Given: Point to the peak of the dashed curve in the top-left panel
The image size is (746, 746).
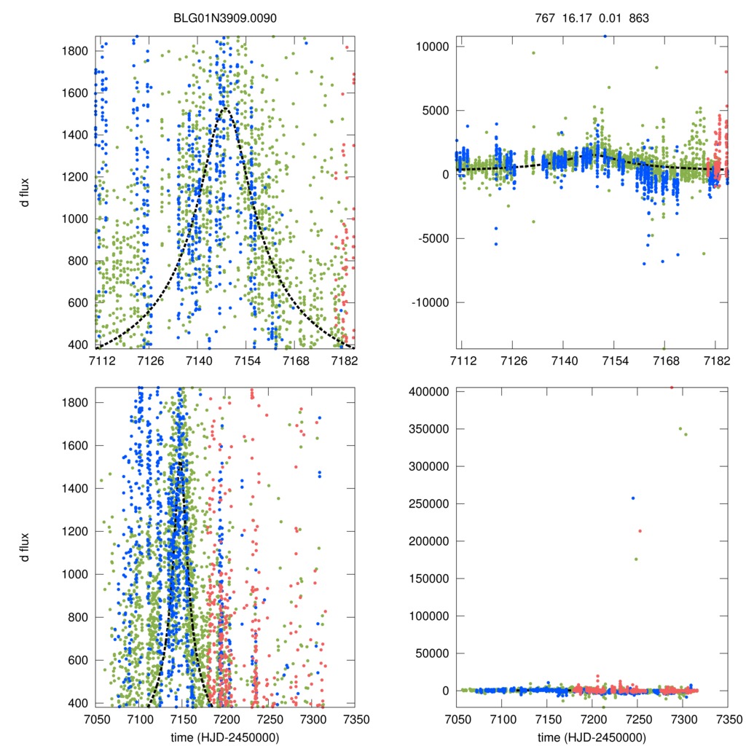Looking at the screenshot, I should click(225, 108).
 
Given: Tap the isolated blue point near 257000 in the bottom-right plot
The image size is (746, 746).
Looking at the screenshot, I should click(633, 498).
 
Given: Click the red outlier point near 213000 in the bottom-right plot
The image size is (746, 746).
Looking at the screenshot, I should click(640, 531).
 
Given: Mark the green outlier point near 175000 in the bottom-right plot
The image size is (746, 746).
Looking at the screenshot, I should click(636, 559).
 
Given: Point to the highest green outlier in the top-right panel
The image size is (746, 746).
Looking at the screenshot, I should click(533, 52).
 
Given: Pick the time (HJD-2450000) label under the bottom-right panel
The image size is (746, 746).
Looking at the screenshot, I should click(592, 736).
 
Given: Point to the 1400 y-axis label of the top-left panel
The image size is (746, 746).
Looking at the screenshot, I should click(76, 135).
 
